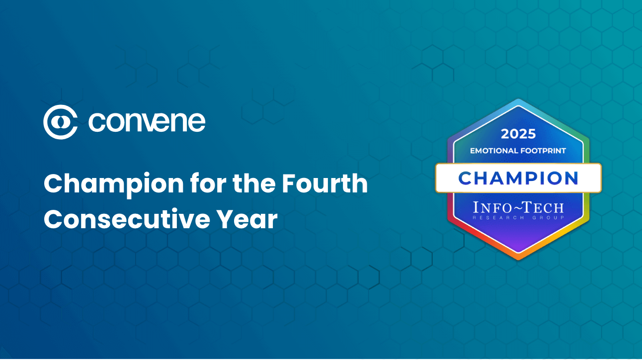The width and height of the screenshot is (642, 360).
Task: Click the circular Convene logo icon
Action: pyautogui.click(x=60, y=122)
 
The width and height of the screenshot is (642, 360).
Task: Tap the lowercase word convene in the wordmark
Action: pyautogui.click(x=147, y=122)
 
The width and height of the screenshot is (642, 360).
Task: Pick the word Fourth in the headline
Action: pyautogui.click(x=324, y=184)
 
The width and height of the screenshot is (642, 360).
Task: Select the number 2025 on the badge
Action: pyautogui.click(x=518, y=134)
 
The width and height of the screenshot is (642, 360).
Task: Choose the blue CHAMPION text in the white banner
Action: pyautogui.click(x=518, y=178)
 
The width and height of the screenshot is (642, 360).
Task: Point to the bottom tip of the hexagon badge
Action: pyautogui.click(x=518, y=258)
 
